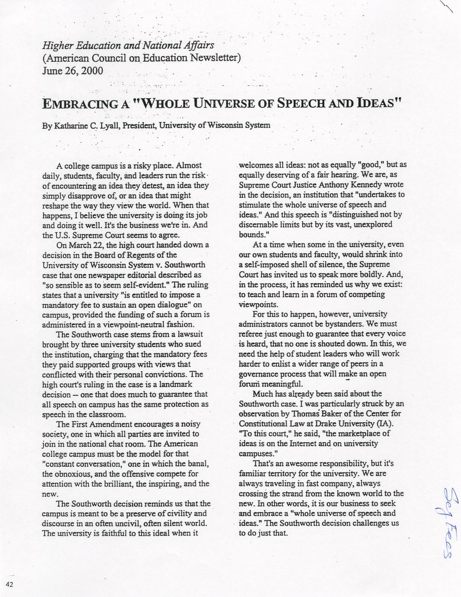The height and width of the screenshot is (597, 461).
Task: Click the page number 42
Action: pos(10,584)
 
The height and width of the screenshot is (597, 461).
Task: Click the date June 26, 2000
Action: pos(72,71)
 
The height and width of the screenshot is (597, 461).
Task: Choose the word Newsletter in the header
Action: pos(210,58)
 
